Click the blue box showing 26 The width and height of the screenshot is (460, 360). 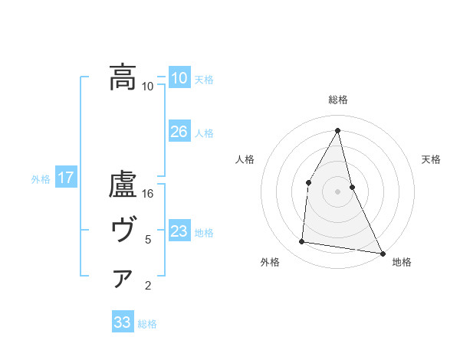click(179, 132)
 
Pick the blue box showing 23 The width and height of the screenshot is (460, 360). click(179, 231)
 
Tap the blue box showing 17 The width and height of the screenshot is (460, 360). click(66, 178)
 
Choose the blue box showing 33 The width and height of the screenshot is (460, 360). click(123, 322)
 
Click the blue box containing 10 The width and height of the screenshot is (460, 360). click(179, 77)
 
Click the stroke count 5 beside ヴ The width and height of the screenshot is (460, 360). click(148, 240)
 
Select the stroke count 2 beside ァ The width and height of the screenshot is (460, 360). click(148, 286)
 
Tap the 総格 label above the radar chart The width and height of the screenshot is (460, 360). click(337, 100)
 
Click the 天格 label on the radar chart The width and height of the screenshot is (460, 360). click(431, 159)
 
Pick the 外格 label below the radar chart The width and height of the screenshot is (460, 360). click(270, 262)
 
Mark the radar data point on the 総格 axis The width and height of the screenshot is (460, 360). click(337, 129)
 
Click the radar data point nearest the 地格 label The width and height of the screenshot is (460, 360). click(382, 253)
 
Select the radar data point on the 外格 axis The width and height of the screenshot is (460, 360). click(302, 242)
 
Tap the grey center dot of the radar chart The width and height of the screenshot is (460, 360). click(337, 191)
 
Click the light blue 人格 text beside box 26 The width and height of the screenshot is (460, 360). click(204, 133)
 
